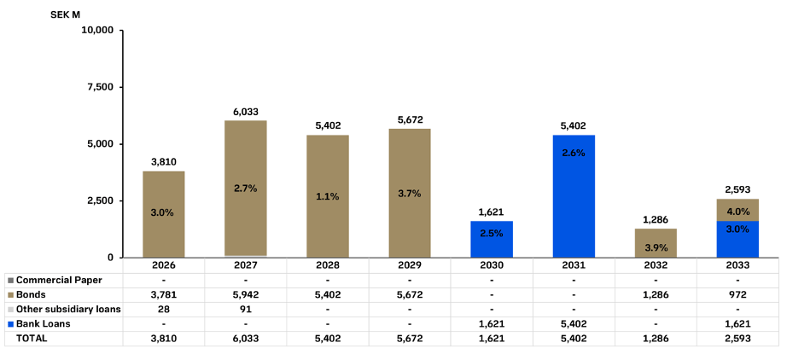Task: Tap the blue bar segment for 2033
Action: tap(737, 239)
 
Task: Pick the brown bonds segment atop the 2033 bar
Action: tap(737, 210)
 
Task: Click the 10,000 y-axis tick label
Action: tap(97, 31)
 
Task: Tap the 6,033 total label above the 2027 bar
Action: tap(246, 111)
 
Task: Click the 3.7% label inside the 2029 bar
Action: tap(410, 194)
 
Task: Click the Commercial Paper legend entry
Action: tap(59, 280)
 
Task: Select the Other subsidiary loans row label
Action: tap(68, 309)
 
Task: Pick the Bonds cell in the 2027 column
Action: tap(246, 294)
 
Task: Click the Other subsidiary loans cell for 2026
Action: tap(164, 309)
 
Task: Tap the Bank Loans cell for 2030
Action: tap(492, 323)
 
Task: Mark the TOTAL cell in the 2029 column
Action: tap(410, 338)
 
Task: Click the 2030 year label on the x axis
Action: tap(492, 265)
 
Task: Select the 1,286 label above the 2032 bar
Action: tap(656, 219)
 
